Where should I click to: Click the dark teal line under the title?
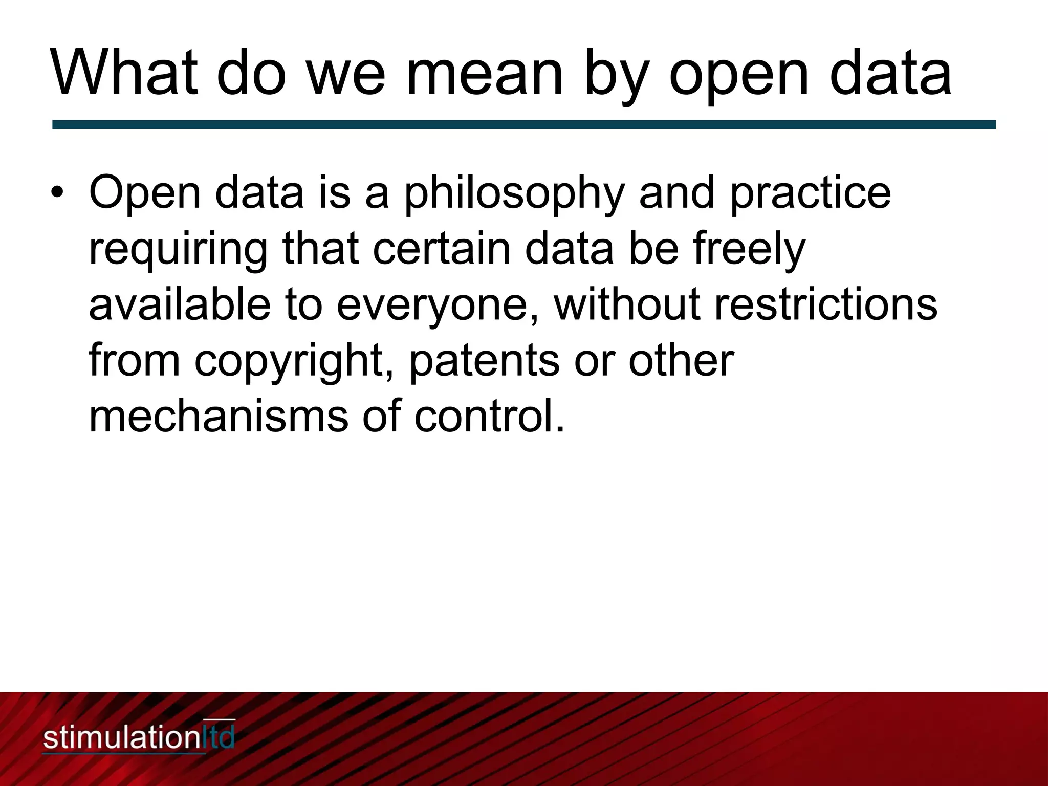click(x=524, y=124)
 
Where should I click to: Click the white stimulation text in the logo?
click(x=120, y=738)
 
